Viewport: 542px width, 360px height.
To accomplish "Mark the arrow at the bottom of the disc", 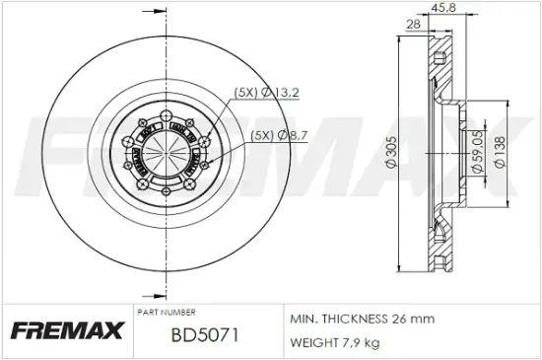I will pos(150,293).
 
